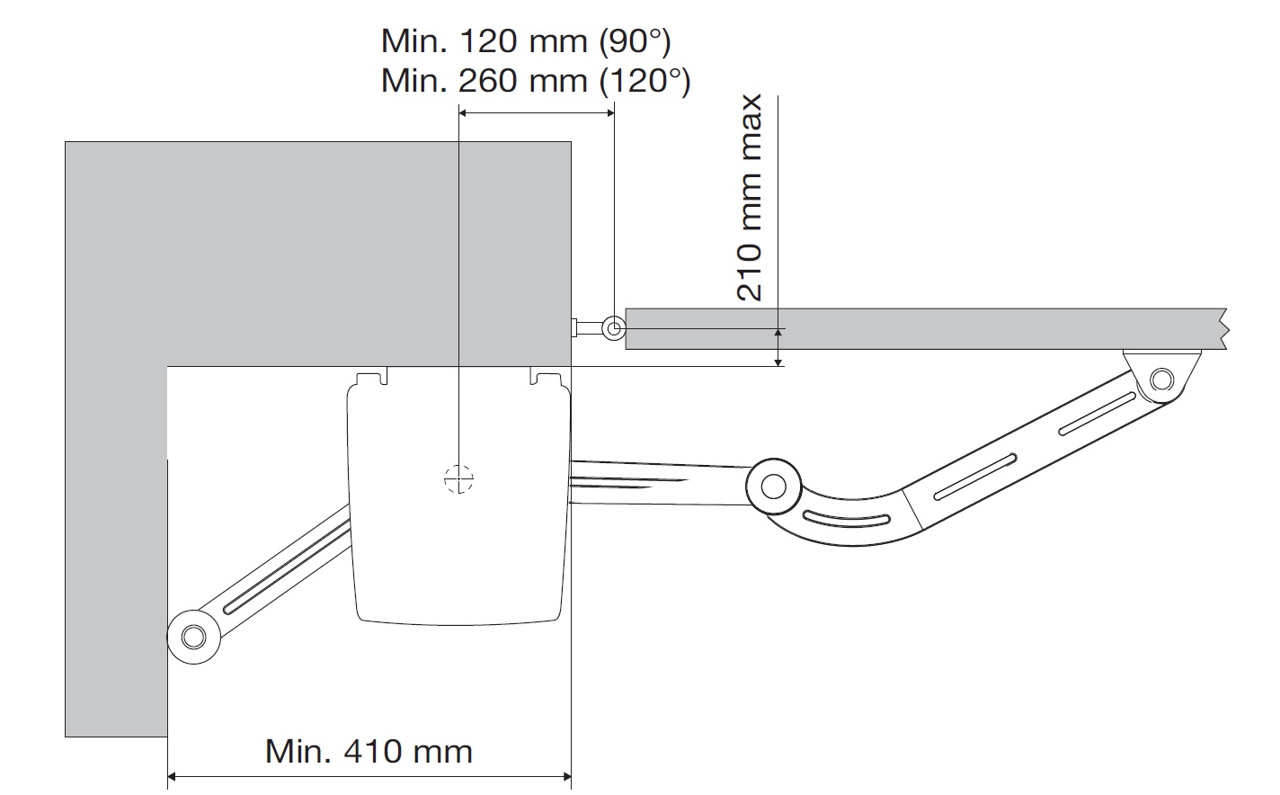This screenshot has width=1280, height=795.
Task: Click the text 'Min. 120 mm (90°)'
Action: tap(526, 41)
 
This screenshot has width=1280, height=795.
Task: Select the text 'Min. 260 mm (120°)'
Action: tap(536, 81)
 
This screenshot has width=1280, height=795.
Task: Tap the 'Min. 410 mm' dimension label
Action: tap(369, 751)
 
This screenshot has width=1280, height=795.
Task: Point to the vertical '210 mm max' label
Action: tap(749, 198)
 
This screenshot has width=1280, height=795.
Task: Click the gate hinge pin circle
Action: tap(614, 329)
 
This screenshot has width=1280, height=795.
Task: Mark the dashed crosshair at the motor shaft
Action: tap(458, 479)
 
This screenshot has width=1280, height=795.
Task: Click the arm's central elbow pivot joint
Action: tap(773, 487)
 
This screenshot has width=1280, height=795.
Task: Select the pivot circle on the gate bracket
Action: tap(1161, 380)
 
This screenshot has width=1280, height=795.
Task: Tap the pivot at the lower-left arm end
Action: tap(194, 637)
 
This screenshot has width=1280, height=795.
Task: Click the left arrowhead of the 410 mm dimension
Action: tap(173, 776)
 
